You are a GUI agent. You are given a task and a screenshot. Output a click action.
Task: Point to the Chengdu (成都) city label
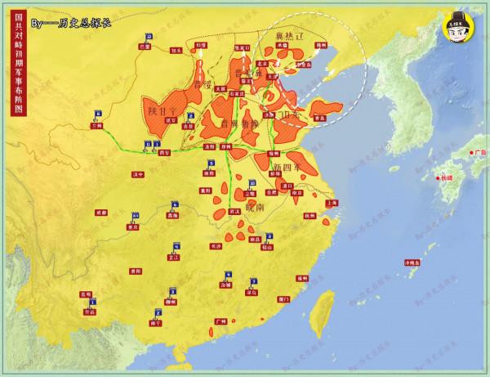[x=101, y=211]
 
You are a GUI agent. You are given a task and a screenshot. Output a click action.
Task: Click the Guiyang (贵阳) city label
[x=136, y=269]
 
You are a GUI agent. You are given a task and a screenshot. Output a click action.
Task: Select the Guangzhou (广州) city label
[x=220, y=321]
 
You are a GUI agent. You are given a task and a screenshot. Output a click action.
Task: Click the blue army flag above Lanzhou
[x=97, y=115]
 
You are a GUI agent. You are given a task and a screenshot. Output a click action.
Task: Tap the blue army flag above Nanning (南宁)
[x=155, y=312]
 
